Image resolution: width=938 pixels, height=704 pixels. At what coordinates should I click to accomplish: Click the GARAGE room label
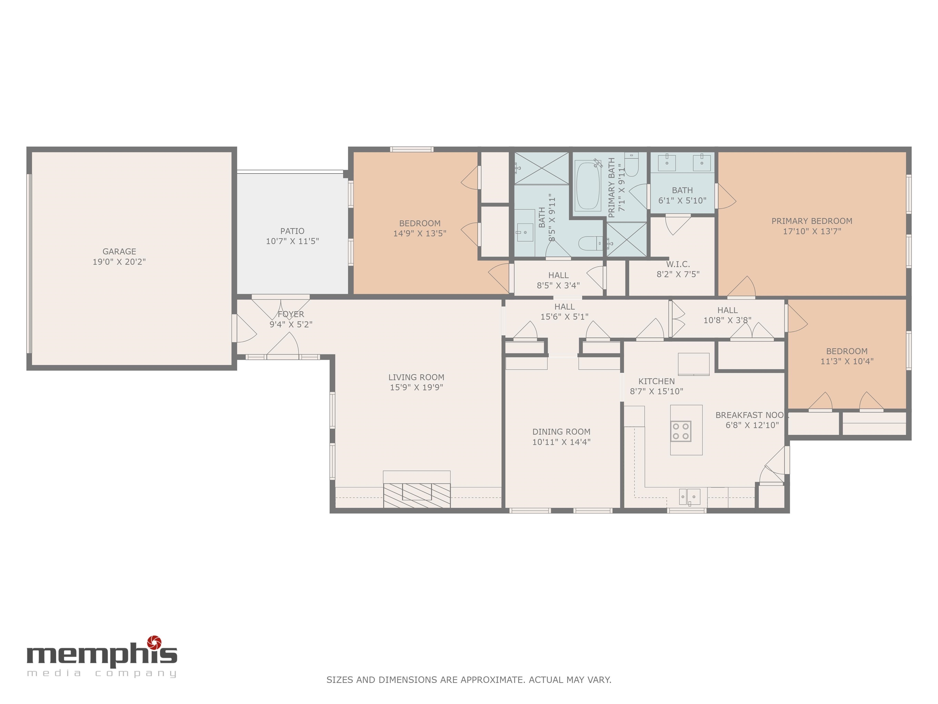[119, 252]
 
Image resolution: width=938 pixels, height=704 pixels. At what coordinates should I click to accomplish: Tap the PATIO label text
[292, 231]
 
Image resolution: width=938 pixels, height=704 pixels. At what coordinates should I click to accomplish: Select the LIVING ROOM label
[416, 377]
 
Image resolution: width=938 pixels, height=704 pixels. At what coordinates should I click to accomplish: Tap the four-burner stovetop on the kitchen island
[681, 431]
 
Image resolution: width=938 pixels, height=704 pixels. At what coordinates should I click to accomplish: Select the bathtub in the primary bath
[588, 186]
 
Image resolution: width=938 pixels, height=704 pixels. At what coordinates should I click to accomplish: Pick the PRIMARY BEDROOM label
[812, 221]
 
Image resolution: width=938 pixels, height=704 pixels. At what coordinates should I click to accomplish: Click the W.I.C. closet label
[678, 264]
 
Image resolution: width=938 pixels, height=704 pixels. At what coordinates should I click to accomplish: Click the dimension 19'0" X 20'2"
[119, 262]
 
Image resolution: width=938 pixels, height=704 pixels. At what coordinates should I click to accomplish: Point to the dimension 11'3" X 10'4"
[847, 361]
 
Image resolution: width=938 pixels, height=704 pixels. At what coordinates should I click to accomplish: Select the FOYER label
[291, 314]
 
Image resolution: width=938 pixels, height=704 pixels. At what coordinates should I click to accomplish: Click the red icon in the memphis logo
[155, 643]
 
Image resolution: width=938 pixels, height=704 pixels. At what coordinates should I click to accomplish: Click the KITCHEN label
[656, 381]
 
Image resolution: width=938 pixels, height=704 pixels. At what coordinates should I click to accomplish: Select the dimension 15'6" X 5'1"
[564, 317]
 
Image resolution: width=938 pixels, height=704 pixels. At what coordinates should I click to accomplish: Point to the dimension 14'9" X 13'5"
[420, 233]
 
